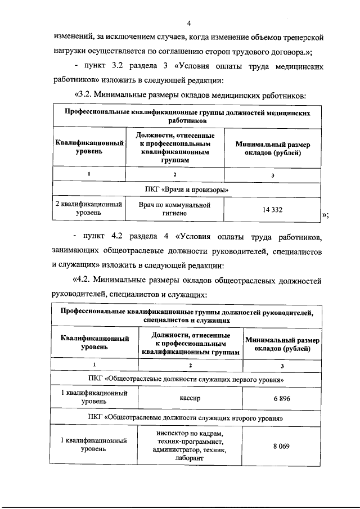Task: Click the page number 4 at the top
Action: [189, 23]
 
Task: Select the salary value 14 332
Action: [272, 210]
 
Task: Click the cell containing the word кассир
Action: [190, 398]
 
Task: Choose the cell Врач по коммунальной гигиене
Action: [174, 210]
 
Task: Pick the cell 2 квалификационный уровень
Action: [89, 210]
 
